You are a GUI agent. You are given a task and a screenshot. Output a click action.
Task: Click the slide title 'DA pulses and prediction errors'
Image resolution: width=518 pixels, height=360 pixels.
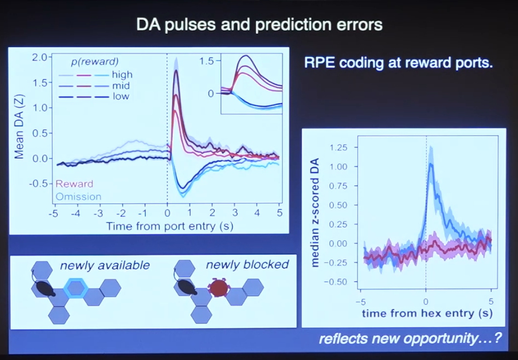tap(259, 25)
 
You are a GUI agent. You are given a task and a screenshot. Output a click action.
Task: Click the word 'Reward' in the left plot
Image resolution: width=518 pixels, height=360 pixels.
tap(75, 184)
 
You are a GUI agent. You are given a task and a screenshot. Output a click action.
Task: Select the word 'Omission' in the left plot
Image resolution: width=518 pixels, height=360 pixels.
tap(79, 196)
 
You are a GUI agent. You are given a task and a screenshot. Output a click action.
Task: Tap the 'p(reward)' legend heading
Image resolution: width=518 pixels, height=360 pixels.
tap(95, 61)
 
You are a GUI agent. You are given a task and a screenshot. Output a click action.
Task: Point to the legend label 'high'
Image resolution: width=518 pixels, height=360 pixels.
tap(122, 74)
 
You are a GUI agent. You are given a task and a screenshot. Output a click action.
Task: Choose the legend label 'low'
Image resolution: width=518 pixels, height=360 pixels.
tap(120, 96)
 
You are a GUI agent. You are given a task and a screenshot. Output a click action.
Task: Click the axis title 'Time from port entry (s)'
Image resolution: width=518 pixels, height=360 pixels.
tap(166, 225)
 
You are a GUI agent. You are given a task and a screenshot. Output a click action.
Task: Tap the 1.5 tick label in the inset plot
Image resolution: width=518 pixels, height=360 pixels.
tap(206, 61)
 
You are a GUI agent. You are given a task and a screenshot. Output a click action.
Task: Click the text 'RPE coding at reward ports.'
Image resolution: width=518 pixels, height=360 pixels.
tap(399, 62)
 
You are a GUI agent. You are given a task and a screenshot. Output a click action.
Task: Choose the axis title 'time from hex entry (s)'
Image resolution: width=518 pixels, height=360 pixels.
tap(427, 313)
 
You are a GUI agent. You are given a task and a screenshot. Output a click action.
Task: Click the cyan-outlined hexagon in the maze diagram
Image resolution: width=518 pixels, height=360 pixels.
tap(74, 287)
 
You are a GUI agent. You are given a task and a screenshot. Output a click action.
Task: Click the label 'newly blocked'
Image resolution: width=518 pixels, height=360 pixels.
tap(247, 265)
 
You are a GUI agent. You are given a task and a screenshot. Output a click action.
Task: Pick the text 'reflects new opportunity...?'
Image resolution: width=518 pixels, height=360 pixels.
tap(410, 339)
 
